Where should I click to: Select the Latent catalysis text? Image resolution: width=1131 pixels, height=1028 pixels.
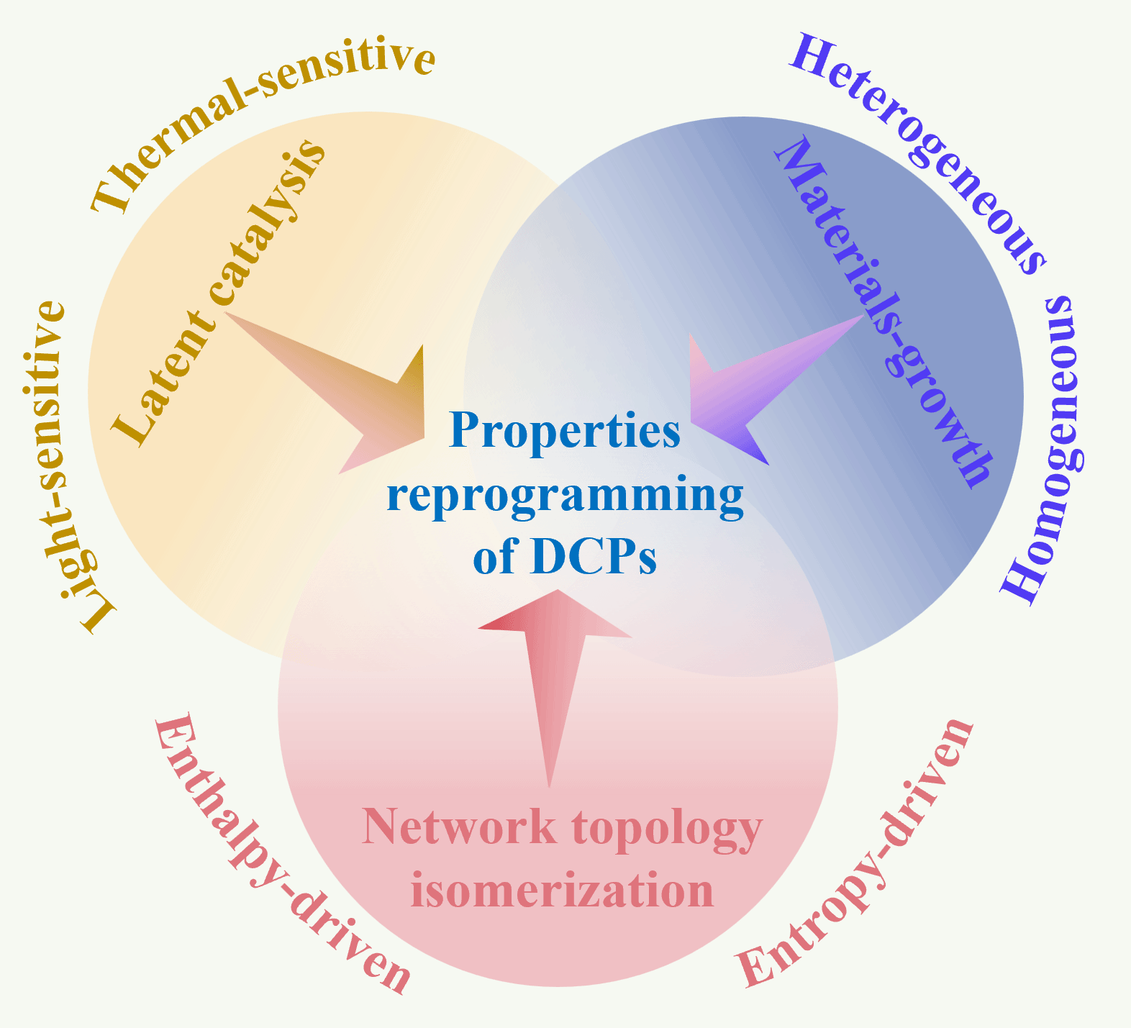(219, 291)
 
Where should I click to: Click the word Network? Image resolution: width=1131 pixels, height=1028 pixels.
(459, 827)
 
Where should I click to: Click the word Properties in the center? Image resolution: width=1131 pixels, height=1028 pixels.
(565, 432)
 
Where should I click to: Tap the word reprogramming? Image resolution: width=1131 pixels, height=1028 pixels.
(565, 496)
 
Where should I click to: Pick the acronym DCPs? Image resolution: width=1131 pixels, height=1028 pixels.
(593, 558)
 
